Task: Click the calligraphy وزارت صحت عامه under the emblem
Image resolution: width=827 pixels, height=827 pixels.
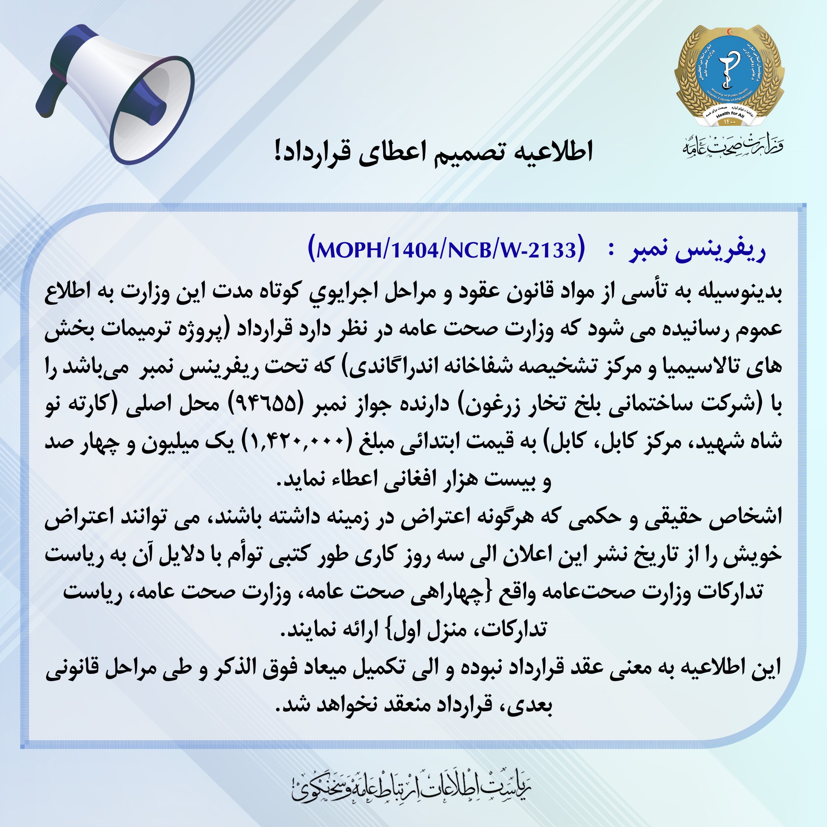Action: pos(732,147)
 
